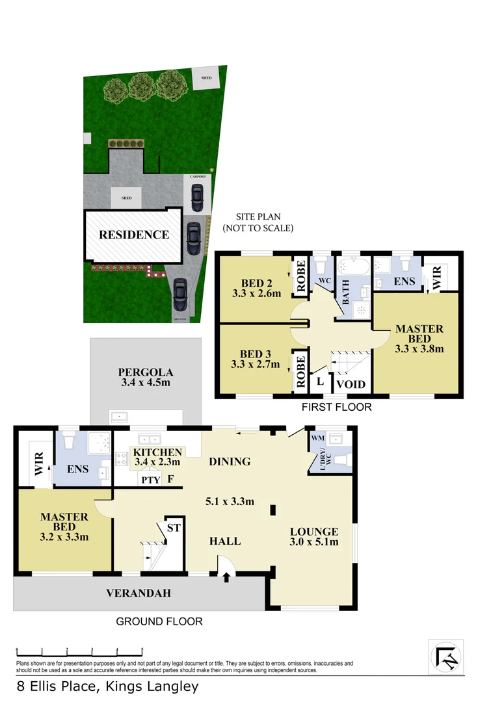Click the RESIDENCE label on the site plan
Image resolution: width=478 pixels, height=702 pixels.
(x=134, y=235)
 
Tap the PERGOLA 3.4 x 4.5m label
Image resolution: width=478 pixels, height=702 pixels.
(x=145, y=378)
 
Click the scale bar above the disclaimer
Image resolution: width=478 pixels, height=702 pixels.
(x=79, y=650)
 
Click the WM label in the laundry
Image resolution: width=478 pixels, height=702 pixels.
(x=318, y=439)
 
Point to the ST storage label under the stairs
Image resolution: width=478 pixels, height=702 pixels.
(x=174, y=528)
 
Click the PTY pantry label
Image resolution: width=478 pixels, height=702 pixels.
(x=149, y=480)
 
